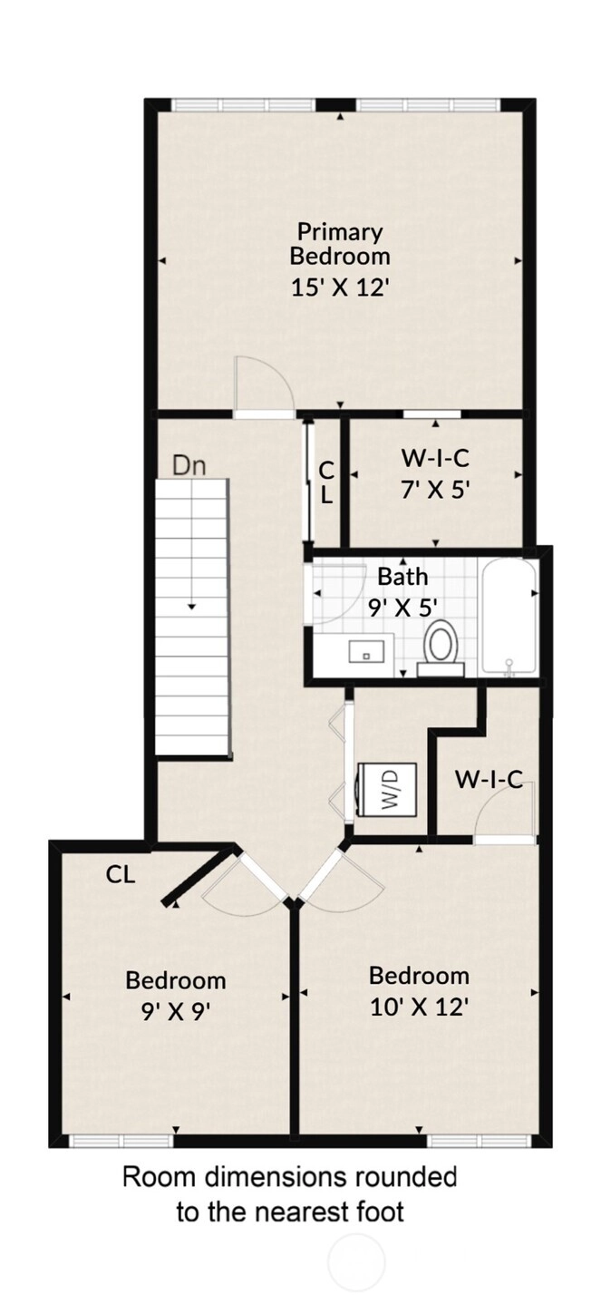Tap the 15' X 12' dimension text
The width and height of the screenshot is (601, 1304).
click(x=340, y=287)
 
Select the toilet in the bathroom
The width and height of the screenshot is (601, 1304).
click(x=441, y=647)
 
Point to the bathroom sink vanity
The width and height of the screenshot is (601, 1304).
click(x=366, y=651)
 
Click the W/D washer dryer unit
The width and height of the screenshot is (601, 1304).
click(x=387, y=790)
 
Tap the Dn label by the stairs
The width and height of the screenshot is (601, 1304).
click(x=189, y=466)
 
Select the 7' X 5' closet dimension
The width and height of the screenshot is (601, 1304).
click(x=435, y=491)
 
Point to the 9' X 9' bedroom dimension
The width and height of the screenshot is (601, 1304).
click(x=175, y=1013)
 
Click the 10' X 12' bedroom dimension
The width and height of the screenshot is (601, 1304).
click(x=420, y=1007)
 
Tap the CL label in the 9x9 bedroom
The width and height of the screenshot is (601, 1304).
click(x=121, y=874)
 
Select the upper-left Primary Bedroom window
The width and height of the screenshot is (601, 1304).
click(x=245, y=105)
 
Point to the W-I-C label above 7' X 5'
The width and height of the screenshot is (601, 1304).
click(x=435, y=459)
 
